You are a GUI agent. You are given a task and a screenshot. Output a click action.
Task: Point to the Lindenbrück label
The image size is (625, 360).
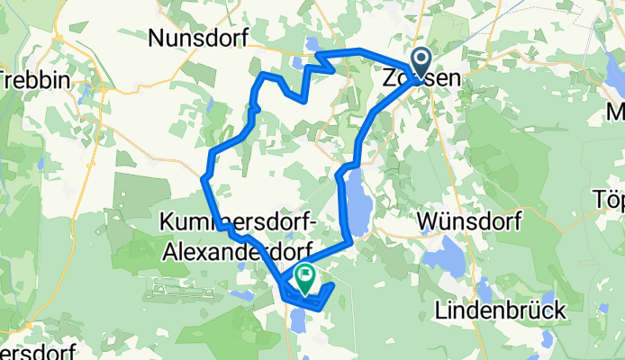tap(501, 310)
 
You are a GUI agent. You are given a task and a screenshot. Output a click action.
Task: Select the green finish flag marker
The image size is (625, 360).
tap(305, 281)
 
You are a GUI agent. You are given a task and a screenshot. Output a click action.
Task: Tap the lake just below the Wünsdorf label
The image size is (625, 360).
tap(443, 260)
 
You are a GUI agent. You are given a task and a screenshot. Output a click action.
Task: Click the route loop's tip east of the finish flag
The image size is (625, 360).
tap(333, 285)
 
